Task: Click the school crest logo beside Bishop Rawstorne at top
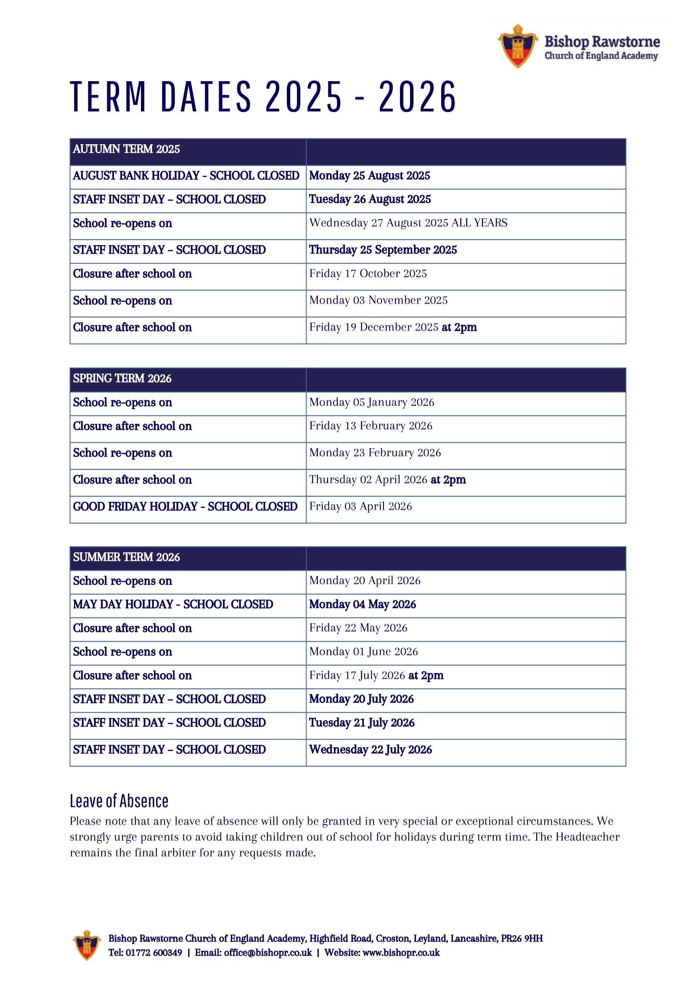click(518, 46)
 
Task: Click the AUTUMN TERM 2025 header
click(127, 149)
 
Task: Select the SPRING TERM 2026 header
click(122, 378)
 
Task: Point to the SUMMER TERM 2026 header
click(127, 557)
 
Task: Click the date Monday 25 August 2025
click(369, 176)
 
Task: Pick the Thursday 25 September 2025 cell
click(383, 250)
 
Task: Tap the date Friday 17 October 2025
click(368, 273)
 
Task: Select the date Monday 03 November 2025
click(378, 300)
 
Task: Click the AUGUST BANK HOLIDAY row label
click(186, 176)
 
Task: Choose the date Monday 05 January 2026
click(372, 402)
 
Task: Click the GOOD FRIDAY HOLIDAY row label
click(185, 507)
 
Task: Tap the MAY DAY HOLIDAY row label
click(173, 604)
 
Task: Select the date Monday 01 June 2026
click(363, 652)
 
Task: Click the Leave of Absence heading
click(119, 801)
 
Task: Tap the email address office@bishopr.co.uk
click(268, 952)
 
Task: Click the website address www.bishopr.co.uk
click(401, 952)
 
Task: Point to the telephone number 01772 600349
click(154, 952)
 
